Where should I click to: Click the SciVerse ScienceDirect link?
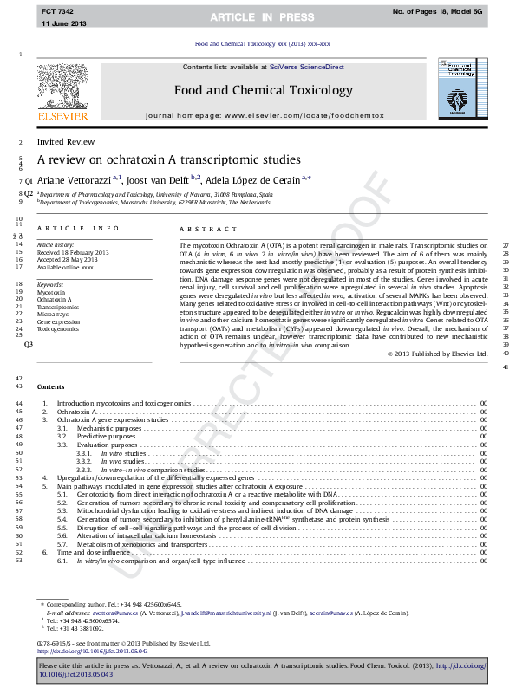(306, 67)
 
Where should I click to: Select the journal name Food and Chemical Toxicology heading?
(264, 90)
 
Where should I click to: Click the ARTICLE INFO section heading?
(78, 229)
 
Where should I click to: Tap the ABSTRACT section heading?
(207, 229)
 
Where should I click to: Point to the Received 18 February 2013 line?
(73, 252)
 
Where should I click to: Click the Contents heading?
(50, 386)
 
